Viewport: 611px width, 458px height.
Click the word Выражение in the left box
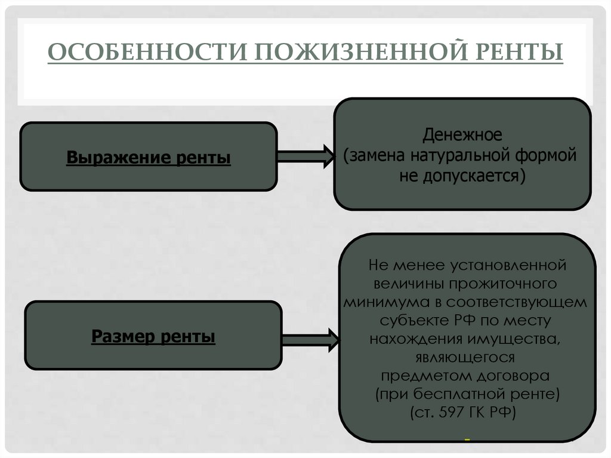coord(118,159)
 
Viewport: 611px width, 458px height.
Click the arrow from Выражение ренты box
coord(303,156)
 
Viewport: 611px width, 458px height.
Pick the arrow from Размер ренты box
coord(308,339)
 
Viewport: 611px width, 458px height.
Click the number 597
coord(458,413)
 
